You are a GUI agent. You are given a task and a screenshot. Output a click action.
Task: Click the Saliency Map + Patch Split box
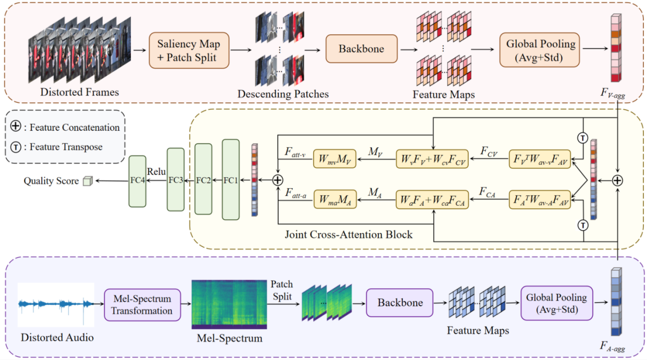tap(189, 51)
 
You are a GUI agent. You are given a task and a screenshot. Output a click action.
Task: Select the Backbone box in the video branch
tap(361, 49)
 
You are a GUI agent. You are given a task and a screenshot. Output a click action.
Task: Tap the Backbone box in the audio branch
tap(400, 303)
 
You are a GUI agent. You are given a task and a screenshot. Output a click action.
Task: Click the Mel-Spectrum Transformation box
tap(142, 304)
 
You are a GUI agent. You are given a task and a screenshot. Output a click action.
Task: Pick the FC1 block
tap(230, 179)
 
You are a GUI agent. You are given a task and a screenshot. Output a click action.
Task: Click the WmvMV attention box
tap(334, 159)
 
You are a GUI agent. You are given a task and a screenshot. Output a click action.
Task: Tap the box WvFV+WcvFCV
tap(432, 159)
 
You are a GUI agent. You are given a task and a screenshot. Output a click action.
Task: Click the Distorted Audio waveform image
tap(56, 305)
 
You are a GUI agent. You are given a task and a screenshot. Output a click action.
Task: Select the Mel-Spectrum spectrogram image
tap(229, 304)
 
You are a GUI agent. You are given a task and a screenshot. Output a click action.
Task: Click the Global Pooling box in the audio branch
tap(556, 303)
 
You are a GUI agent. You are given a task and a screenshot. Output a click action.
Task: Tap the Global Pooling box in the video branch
tap(541, 50)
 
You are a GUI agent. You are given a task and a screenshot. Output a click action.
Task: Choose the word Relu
tap(156, 171)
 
